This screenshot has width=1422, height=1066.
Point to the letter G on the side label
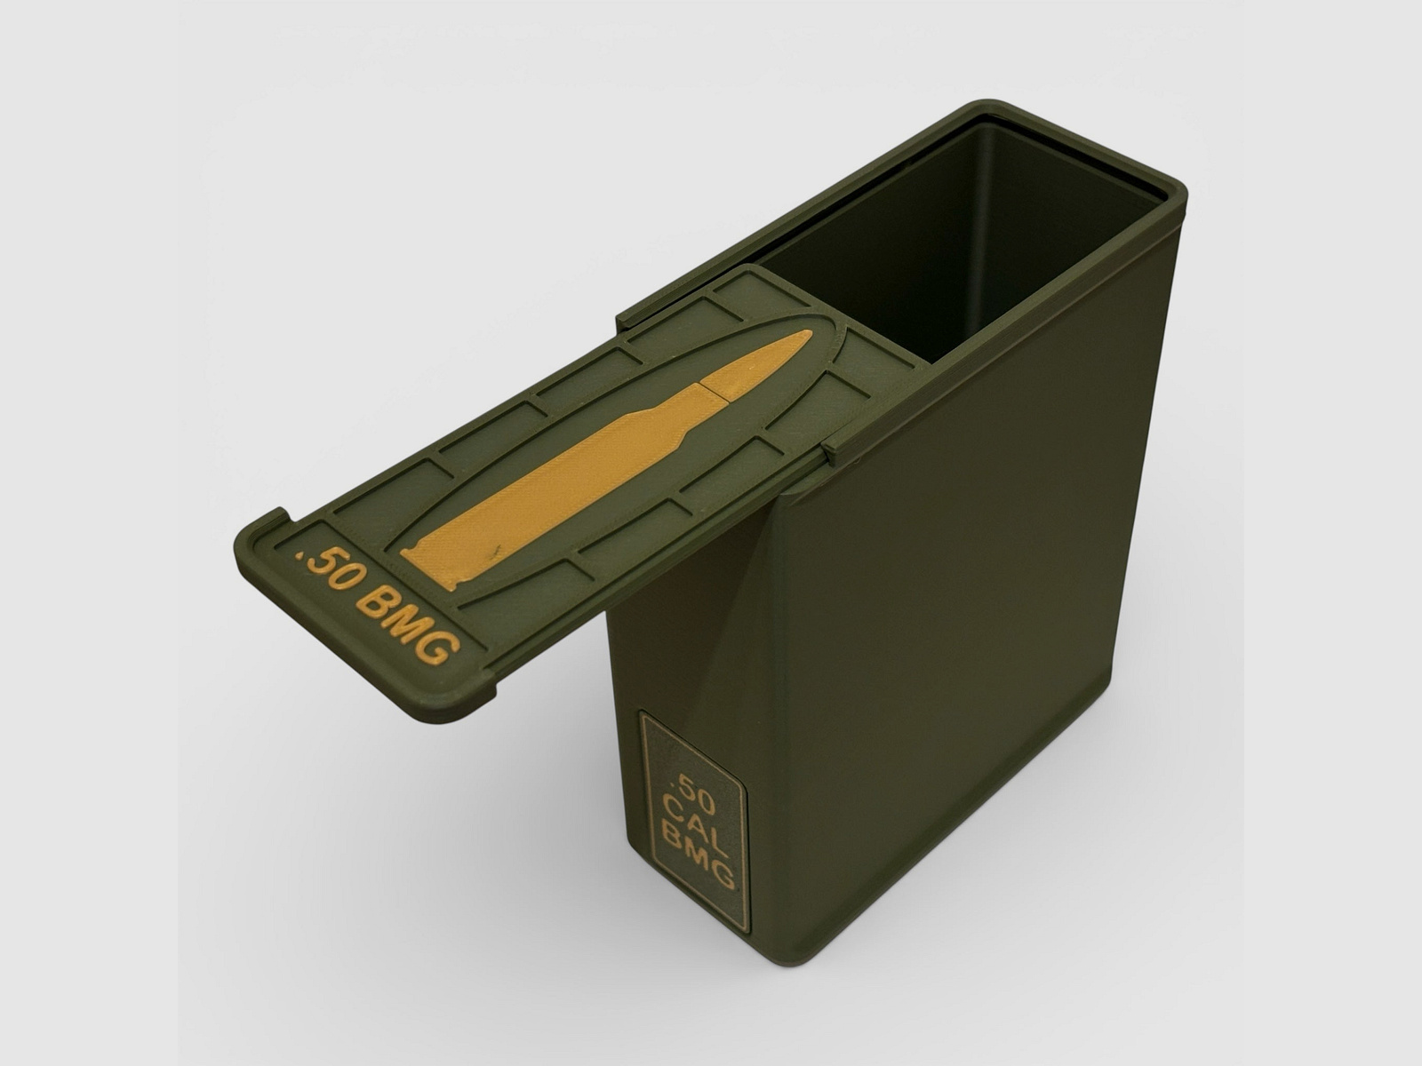(723, 872)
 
